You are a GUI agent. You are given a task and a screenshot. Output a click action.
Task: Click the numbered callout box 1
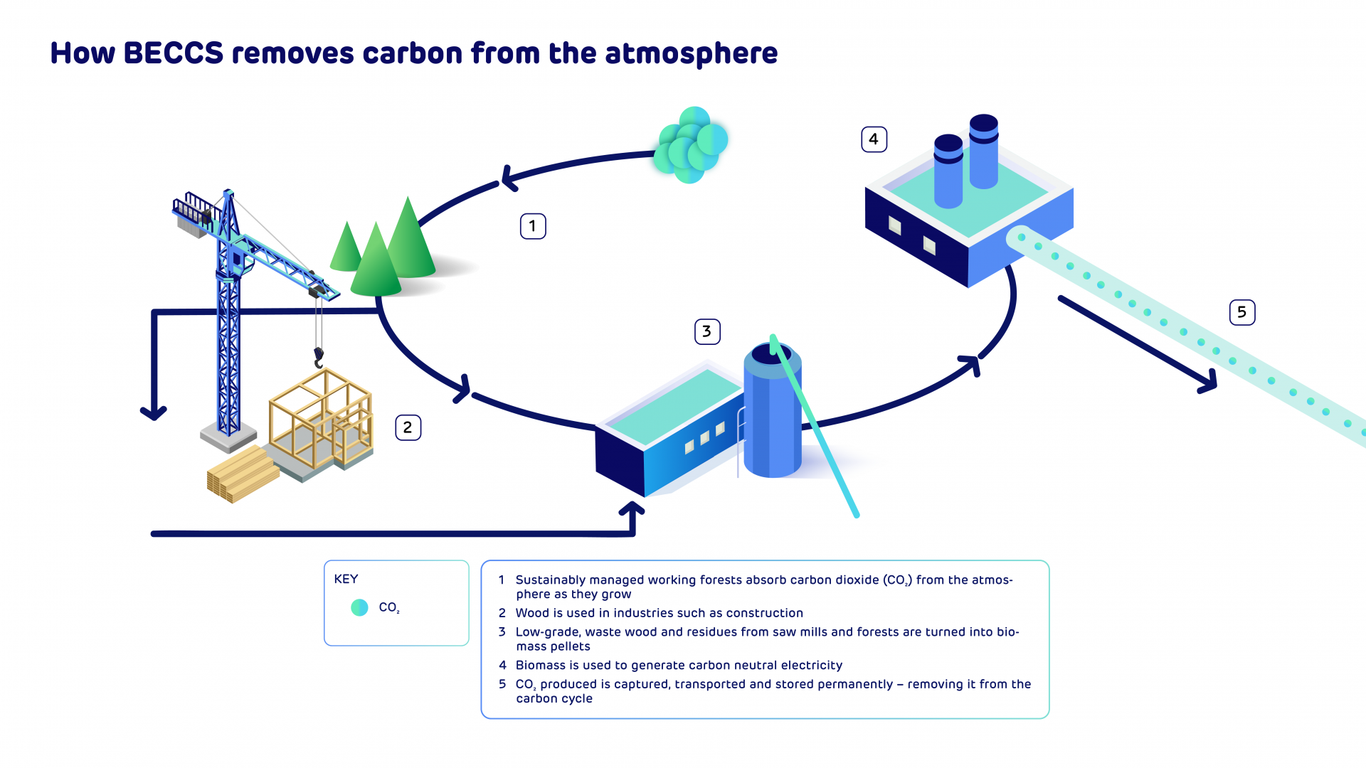tap(533, 226)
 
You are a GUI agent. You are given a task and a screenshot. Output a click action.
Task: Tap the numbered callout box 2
tap(408, 427)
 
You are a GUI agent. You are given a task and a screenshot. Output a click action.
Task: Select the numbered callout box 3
tap(707, 331)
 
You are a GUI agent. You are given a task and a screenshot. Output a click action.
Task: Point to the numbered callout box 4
tap(874, 139)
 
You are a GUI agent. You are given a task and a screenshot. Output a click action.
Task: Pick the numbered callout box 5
tap(1242, 312)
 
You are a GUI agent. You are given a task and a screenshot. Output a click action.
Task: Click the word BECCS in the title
tap(174, 53)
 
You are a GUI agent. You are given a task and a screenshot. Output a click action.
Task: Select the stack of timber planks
tap(243, 474)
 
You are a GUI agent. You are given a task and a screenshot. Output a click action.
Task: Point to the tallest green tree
tap(408, 242)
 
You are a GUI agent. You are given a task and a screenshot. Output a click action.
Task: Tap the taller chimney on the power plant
tap(984, 151)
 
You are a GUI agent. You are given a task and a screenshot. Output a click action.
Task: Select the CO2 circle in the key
tap(359, 607)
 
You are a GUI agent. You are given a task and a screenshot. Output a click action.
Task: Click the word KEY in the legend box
tap(346, 579)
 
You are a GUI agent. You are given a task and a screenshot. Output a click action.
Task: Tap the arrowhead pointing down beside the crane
tap(154, 412)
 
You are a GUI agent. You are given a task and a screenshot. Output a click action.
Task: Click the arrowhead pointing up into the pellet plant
tap(632, 509)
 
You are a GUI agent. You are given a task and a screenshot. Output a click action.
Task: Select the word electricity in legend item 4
tap(811, 666)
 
